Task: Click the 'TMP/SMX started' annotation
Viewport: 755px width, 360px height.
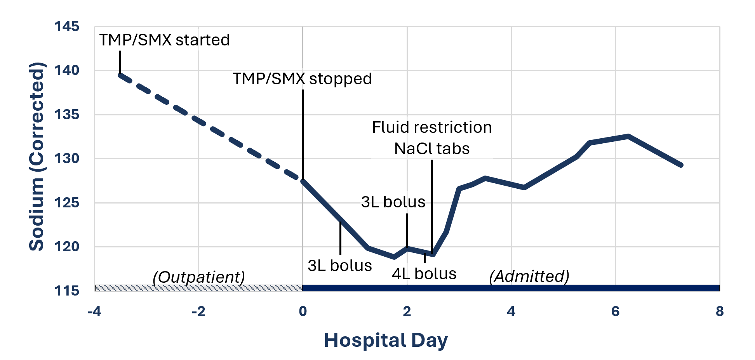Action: point(164,40)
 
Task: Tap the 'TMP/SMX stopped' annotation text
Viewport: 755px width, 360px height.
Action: point(302,79)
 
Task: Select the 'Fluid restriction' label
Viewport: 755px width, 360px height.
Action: point(432,127)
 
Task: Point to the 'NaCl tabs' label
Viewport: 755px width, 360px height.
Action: point(432,149)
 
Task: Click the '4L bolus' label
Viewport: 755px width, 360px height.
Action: point(424,274)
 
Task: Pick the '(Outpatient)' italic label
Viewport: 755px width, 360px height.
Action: point(199,277)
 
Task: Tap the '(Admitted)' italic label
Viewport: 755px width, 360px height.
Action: point(529,277)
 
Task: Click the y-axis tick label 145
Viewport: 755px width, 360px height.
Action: point(67,27)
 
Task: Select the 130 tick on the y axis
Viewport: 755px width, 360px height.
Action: point(67,158)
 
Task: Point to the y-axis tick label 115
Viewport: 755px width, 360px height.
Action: point(67,291)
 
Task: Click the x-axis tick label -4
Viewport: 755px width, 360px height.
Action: point(94,311)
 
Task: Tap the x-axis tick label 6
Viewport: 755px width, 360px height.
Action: point(615,311)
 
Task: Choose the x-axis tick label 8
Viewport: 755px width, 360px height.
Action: point(720,311)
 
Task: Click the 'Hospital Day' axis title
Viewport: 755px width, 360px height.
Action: point(386,340)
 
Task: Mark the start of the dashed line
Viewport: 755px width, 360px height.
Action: point(120,75)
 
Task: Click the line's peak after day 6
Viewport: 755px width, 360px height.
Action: point(628,136)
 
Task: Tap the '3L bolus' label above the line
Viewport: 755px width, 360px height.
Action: point(393,202)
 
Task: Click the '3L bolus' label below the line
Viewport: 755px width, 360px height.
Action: point(340,266)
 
